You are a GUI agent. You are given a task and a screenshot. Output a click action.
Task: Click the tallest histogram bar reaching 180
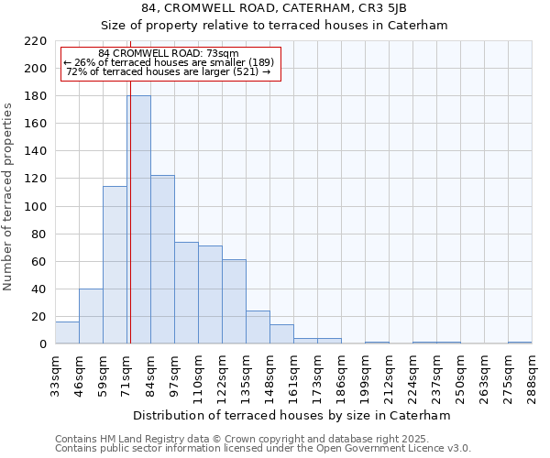pos(138,220)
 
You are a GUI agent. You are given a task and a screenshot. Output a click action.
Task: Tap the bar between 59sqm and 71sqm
pos(115,266)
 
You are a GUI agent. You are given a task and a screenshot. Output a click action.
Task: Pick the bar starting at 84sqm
pos(162,260)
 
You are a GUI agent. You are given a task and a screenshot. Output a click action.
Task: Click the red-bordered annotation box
pos(170,63)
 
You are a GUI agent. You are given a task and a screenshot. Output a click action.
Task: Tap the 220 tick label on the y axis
pos(37,41)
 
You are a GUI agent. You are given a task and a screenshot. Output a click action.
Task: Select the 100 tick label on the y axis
pos(37,207)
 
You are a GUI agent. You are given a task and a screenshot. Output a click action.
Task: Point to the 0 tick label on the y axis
pos(43,344)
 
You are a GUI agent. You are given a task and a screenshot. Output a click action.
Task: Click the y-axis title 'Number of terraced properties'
pos(9,197)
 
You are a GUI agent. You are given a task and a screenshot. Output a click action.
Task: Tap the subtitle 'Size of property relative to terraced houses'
pos(274,25)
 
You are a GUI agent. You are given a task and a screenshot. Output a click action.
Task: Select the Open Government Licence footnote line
pos(263,449)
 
